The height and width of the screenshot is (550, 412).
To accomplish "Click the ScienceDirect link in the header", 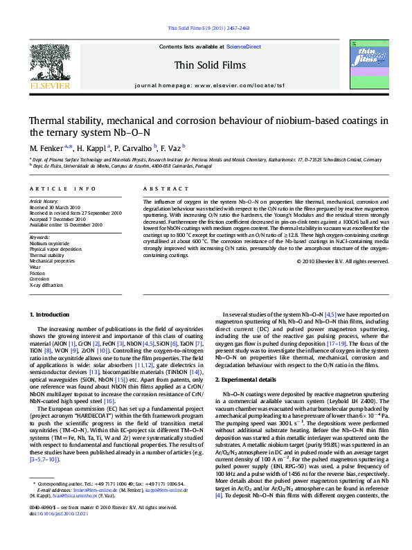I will click(x=244, y=46).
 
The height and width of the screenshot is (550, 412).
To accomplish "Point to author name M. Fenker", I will click(x=46, y=148).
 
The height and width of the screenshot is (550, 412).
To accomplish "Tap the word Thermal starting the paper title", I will click(x=48, y=119).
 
